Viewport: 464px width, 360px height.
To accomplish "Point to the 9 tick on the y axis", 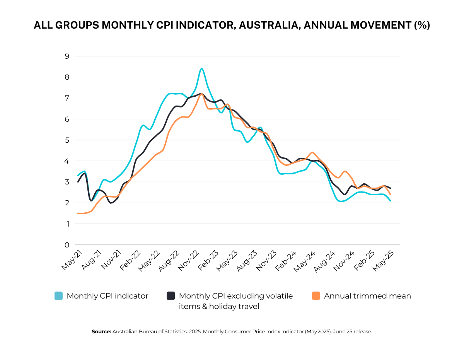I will coord(67,56).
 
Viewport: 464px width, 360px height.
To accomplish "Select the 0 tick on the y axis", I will coord(67,245).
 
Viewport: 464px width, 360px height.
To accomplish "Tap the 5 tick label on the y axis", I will coord(67,140).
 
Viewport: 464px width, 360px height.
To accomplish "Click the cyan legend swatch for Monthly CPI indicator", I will coord(59,296).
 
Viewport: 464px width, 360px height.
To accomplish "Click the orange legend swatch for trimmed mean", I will coord(316,296).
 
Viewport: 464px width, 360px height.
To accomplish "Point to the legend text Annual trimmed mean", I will coord(367,296).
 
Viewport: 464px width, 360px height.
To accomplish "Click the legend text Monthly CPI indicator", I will coord(107,296).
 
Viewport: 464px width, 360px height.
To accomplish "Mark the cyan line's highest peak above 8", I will coord(201,69).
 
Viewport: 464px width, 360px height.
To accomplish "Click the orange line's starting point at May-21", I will coord(78,213).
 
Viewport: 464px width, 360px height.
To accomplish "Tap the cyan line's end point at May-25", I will coord(390,201).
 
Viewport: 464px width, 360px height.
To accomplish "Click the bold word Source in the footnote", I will coord(101,332).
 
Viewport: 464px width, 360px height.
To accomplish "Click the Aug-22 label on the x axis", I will coord(170,260).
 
